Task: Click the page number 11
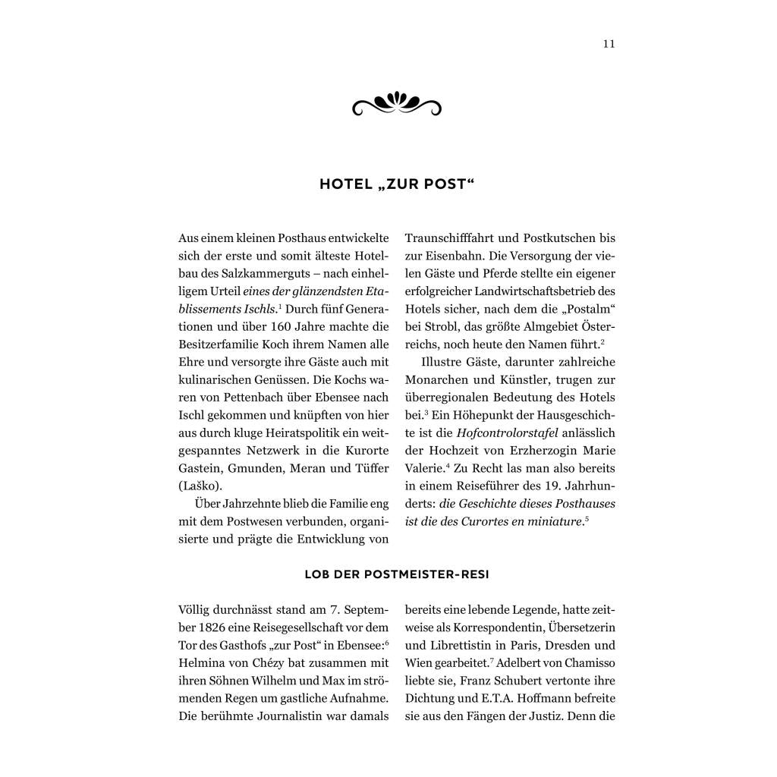pyautogui.click(x=609, y=43)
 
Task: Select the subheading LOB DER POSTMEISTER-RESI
pyautogui.click(x=397, y=574)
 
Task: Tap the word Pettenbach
pyautogui.click(x=262, y=398)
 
